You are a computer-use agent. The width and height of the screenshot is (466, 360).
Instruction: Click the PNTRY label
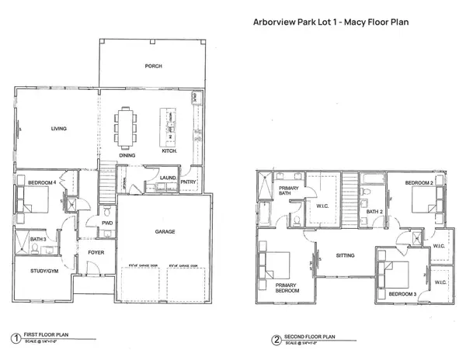tap(190, 182)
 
